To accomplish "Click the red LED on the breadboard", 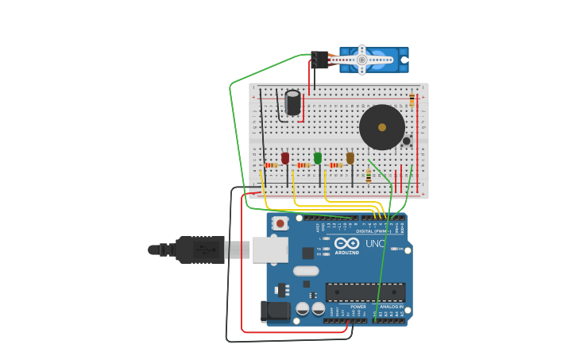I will (x=285, y=158).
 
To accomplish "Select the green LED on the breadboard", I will (x=318, y=158).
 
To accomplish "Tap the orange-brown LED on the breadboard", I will (x=350, y=158).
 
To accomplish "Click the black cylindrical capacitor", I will (x=293, y=103).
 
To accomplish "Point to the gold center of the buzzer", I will (x=382, y=127).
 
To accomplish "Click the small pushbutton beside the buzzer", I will (x=407, y=141).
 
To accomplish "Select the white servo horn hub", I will (x=362, y=60).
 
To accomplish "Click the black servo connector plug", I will (x=319, y=60).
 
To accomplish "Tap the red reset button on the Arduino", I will (x=280, y=224).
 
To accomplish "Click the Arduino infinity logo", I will (x=346, y=243).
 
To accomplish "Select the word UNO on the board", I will (x=375, y=243).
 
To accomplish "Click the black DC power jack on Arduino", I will (x=276, y=311).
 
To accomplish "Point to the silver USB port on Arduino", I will (x=270, y=250).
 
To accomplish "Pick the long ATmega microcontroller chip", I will (x=365, y=292).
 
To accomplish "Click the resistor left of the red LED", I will (x=271, y=165).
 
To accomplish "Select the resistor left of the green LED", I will (x=303, y=165).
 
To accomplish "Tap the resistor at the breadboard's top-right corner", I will (x=412, y=100).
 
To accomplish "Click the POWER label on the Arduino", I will (x=358, y=307).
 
